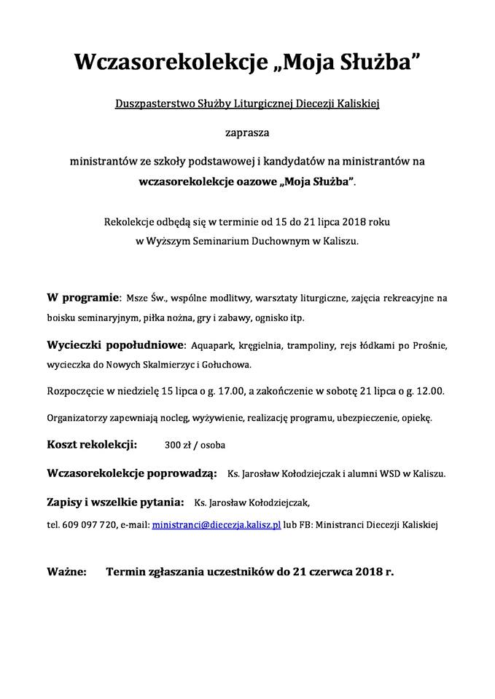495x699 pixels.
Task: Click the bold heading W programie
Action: tap(83, 299)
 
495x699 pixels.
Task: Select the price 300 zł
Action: tap(179, 445)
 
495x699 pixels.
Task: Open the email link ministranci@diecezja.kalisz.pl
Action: tap(216, 524)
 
